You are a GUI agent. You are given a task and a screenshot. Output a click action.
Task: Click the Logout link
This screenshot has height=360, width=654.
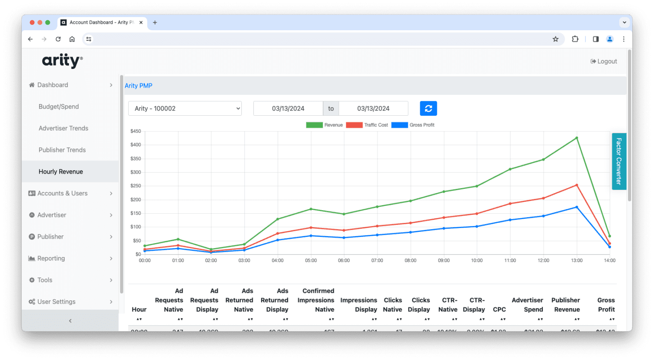604,61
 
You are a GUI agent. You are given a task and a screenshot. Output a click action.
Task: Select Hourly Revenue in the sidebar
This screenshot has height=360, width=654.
60,171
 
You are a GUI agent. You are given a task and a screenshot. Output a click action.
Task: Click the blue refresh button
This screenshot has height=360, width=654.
428,109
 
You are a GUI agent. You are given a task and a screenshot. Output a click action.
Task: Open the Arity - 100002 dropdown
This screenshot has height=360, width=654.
185,109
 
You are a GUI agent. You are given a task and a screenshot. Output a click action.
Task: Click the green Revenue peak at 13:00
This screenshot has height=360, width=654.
577,138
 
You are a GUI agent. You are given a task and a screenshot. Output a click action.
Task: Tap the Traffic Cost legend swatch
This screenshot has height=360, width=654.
354,125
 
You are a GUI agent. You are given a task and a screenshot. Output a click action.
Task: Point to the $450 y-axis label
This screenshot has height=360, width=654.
135,131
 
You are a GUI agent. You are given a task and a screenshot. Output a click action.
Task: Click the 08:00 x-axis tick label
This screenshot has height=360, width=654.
410,260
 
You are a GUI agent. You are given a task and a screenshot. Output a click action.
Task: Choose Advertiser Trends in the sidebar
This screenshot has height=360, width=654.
63,128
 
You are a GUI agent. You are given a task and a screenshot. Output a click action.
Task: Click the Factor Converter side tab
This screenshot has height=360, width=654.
619,161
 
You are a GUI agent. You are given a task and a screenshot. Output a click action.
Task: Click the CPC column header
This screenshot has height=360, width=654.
499,309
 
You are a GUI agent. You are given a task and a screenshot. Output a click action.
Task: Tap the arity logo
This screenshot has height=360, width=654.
62,61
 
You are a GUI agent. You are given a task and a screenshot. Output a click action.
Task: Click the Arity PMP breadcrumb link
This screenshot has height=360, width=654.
138,86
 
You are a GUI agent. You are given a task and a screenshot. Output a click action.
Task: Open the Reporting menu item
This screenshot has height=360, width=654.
51,258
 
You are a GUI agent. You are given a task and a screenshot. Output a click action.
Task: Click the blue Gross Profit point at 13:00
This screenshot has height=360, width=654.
577,207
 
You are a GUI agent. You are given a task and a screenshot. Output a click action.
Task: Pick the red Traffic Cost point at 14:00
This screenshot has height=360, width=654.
609,243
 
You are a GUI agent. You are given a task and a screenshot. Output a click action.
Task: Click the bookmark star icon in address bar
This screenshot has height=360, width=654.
555,39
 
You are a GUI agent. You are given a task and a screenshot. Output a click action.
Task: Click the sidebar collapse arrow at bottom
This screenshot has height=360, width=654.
70,321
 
